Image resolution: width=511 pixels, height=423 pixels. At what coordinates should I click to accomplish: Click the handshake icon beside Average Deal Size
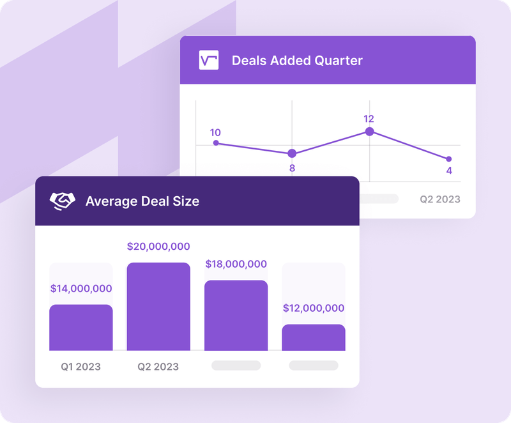point(63,201)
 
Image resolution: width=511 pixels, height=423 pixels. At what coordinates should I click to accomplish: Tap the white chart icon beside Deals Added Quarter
point(209,61)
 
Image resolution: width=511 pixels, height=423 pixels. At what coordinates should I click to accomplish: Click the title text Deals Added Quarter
point(297,61)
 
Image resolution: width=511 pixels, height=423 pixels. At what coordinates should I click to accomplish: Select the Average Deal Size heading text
point(142,201)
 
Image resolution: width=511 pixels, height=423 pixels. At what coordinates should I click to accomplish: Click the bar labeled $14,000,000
point(81,327)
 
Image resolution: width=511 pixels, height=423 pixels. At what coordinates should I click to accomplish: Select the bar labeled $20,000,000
point(158,307)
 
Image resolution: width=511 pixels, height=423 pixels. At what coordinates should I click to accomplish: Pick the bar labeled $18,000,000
point(236,315)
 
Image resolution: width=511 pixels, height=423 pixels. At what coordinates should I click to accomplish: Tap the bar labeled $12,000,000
point(314,337)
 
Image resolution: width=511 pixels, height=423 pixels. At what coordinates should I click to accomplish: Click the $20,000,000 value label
point(158,246)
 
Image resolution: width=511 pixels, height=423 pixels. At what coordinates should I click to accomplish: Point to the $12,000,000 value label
point(314,308)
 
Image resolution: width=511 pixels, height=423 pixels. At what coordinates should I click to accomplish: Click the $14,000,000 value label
point(81,288)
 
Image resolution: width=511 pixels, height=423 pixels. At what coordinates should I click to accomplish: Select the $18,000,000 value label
point(236,264)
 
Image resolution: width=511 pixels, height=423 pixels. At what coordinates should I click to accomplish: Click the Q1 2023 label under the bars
point(80,367)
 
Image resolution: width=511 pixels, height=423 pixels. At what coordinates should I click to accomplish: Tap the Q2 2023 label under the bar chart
point(158,367)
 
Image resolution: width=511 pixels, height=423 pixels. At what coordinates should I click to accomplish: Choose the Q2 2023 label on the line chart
point(439,199)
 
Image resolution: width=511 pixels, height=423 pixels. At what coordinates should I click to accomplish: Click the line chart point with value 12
point(369,132)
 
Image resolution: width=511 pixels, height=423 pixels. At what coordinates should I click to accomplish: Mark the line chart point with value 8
point(292,153)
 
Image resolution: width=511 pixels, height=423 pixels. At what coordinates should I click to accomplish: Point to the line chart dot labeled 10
point(216,143)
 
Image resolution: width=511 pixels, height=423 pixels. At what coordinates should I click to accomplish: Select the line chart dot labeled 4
point(448,159)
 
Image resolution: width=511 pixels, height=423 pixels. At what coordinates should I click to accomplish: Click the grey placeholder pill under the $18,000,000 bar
point(236,365)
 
